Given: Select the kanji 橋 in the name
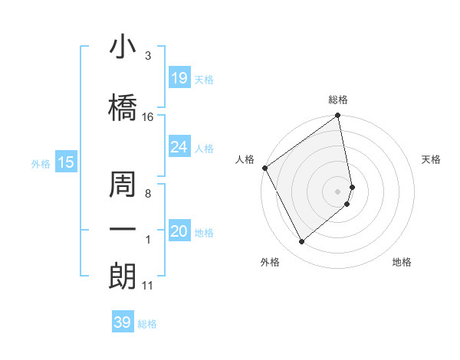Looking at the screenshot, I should click(123, 106).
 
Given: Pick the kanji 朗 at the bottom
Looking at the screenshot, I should click(123, 277).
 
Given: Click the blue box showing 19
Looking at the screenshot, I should click(179, 78).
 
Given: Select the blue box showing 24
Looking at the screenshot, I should click(179, 147).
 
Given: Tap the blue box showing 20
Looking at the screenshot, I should click(179, 231).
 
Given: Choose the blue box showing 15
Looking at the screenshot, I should click(65, 162).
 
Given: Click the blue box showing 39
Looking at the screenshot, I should click(123, 322).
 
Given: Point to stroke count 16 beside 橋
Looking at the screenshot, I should click(148, 117).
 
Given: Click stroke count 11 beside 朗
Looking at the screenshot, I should click(148, 286).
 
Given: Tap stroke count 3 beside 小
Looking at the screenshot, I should click(148, 55).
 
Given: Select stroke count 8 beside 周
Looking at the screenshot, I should click(148, 194).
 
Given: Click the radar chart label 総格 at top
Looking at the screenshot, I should click(338, 100).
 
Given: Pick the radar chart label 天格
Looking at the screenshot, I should click(432, 159).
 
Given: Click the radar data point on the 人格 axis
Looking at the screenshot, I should click(264, 168).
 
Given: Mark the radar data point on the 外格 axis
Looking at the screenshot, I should click(302, 242).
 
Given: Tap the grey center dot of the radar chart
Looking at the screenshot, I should click(338, 191).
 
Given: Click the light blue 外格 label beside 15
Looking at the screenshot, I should click(41, 163).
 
